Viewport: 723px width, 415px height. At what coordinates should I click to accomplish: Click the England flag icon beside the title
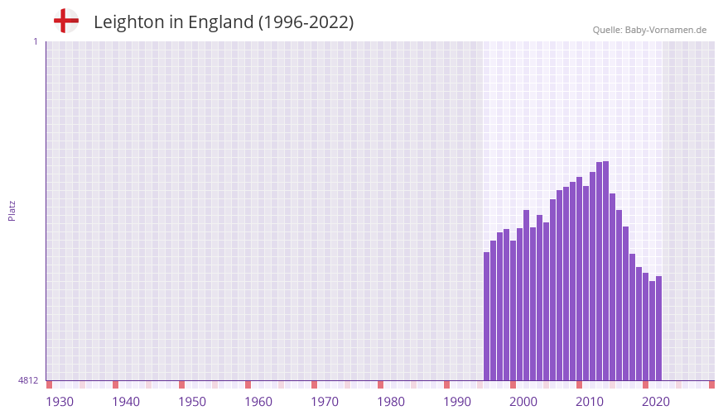pyautogui.click(x=65, y=21)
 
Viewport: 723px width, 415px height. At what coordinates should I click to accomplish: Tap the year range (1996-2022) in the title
pyautogui.click(x=306, y=22)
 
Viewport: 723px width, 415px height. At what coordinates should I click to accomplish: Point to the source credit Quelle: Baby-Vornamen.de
pyautogui.click(x=649, y=30)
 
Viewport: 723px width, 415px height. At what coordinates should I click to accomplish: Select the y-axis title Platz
pyautogui.click(x=12, y=210)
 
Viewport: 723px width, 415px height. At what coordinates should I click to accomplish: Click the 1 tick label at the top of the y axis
pyautogui.click(x=35, y=41)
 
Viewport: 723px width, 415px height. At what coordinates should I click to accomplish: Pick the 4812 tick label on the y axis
pyautogui.click(x=28, y=380)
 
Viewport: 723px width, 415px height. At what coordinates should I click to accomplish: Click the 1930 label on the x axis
pyautogui.click(x=60, y=402)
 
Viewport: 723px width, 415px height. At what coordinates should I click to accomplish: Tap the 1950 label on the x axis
pyautogui.click(x=192, y=402)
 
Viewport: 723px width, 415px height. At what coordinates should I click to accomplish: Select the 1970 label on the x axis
pyautogui.click(x=325, y=402)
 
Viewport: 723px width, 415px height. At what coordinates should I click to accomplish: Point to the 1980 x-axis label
pyautogui.click(x=391, y=402)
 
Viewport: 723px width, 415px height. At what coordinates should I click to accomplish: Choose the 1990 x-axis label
pyautogui.click(x=457, y=402)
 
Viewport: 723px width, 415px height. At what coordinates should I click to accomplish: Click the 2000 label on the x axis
pyautogui.click(x=523, y=402)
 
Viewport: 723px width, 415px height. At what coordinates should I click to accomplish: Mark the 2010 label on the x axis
pyautogui.click(x=590, y=402)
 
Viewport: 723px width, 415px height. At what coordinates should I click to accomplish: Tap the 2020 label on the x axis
pyautogui.click(x=656, y=402)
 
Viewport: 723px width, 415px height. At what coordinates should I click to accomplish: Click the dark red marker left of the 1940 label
pyautogui.click(x=115, y=384)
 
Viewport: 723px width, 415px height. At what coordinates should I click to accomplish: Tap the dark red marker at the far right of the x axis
pyautogui.click(x=711, y=384)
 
